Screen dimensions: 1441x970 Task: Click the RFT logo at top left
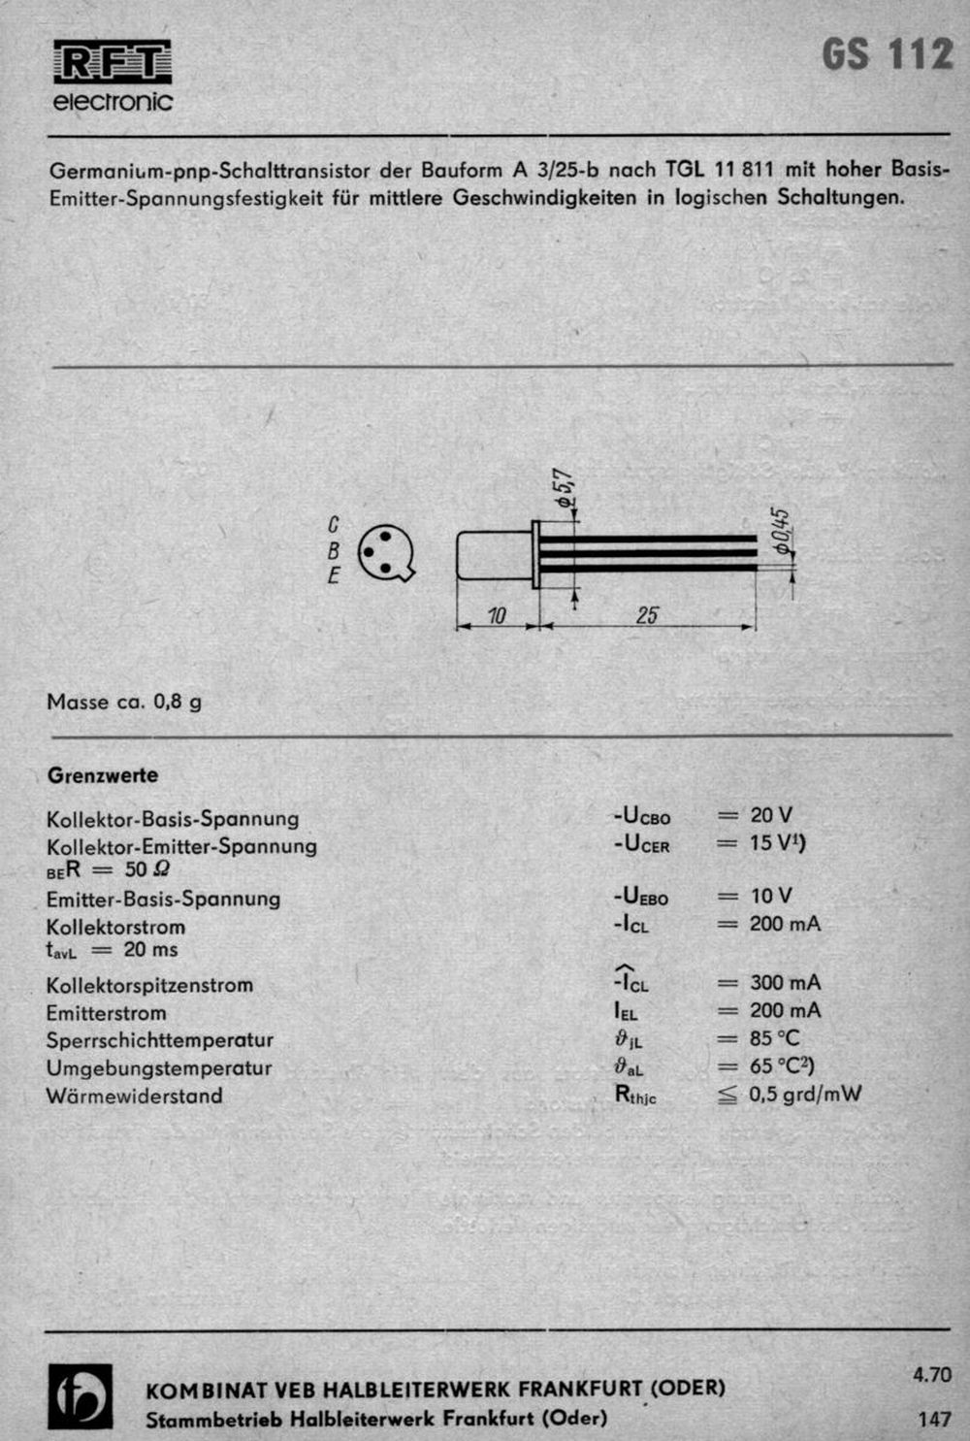click(x=113, y=62)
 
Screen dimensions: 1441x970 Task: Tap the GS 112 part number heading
click(x=888, y=55)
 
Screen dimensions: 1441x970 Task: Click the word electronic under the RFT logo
click(x=113, y=102)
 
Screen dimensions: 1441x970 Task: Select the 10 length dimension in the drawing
click(x=497, y=615)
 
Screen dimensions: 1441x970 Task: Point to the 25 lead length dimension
click(x=647, y=615)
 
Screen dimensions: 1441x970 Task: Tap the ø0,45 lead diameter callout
click(x=783, y=531)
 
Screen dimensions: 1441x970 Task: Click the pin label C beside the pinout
click(x=334, y=525)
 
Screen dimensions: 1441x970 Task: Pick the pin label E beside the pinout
click(x=334, y=575)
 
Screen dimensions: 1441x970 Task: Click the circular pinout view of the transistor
click(x=385, y=553)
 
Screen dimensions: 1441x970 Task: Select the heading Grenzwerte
click(x=103, y=775)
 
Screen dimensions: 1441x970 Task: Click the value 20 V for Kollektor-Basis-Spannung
click(x=770, y=815)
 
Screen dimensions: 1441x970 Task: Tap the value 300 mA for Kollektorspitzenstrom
click(x=785, y=983)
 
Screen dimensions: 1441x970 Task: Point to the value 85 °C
click(x=774, y=1038)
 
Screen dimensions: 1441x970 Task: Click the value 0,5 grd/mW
click(x=804, y=1095)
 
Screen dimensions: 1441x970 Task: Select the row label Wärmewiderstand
click(x=135, y=1096)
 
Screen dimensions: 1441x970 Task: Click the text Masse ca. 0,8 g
click(x=124, y=701)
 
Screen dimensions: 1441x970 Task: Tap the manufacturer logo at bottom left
click(x=81, y=1396)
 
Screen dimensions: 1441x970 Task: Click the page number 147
click(x=934, y=1419)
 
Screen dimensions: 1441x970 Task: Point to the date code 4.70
click(x=932, y=1374)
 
